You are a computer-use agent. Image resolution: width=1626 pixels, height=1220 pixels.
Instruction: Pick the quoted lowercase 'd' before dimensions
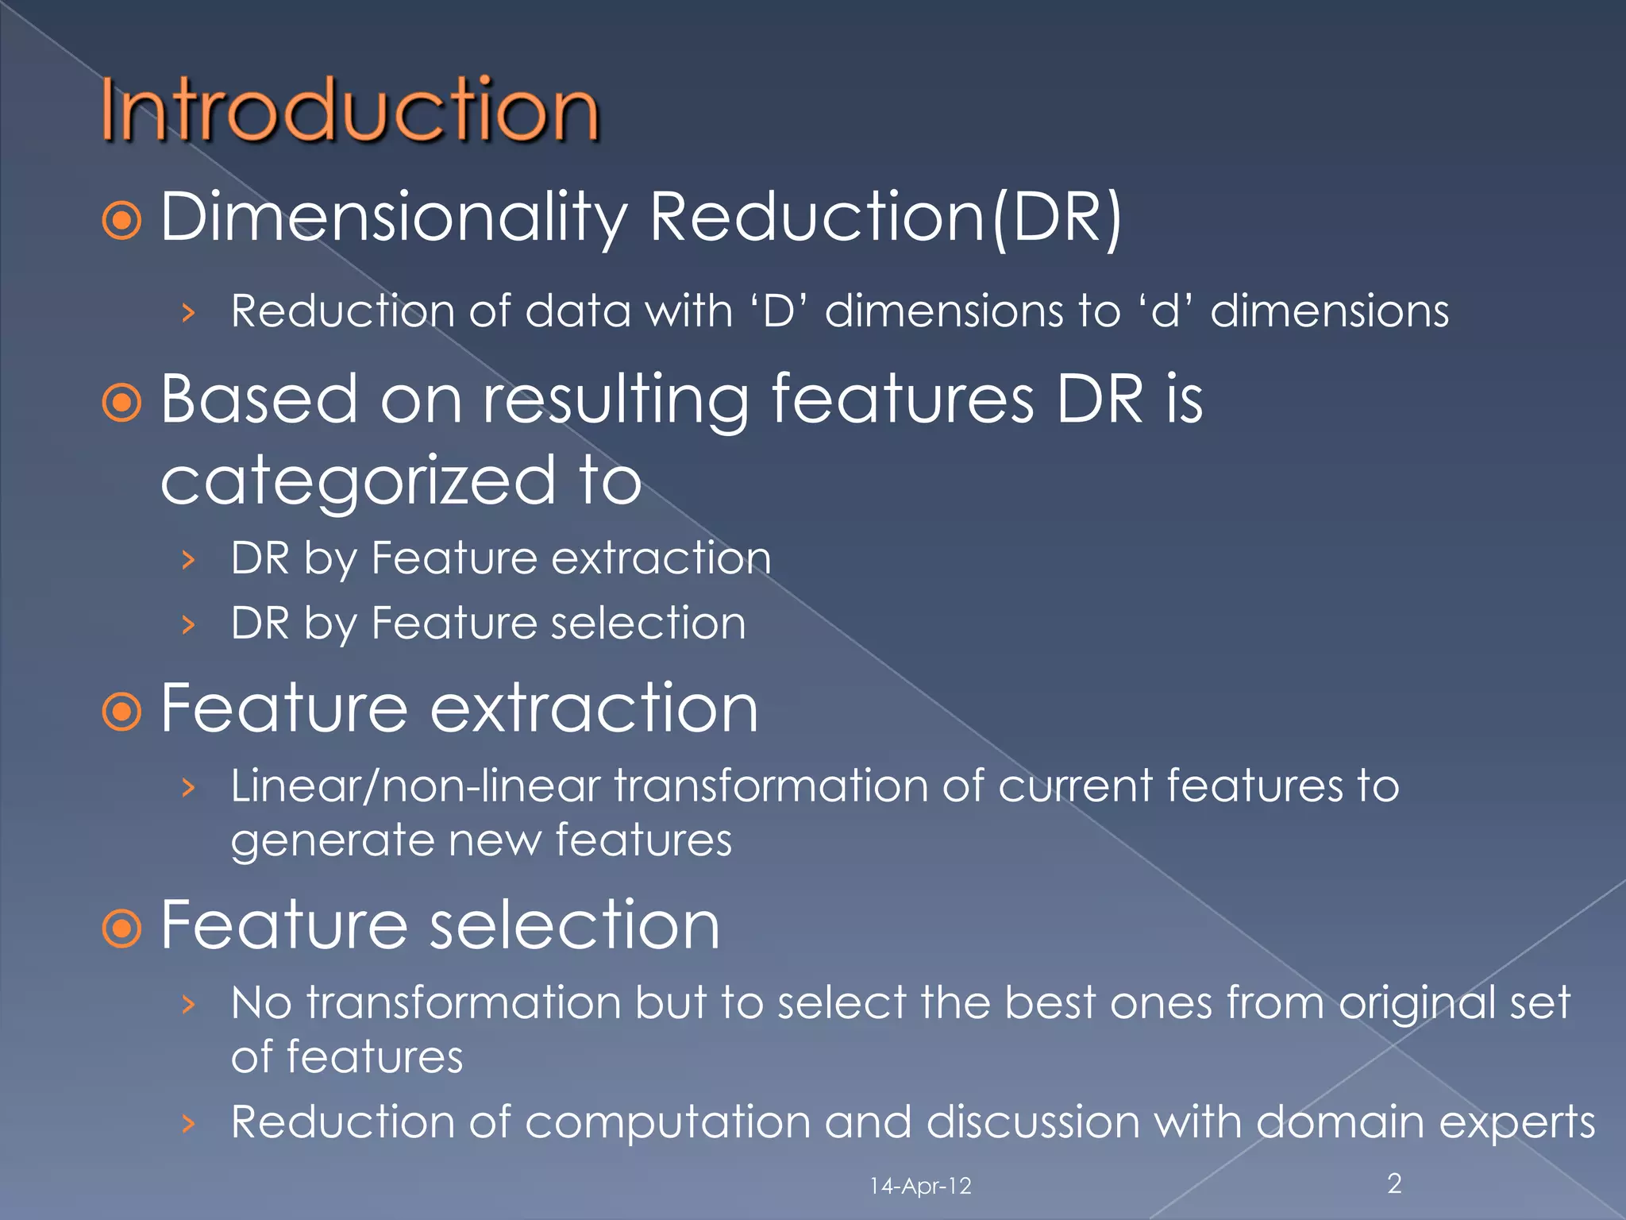1165,311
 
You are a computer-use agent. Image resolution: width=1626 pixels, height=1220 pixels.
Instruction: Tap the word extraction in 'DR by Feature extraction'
661,558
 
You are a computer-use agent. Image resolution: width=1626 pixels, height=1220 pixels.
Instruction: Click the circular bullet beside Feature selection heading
122,928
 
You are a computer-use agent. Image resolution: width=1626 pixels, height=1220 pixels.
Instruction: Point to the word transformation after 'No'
464,1002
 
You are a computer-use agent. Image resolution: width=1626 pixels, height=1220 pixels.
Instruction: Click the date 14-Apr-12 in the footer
920,1186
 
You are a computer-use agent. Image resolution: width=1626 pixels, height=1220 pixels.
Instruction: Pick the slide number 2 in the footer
1394,1183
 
